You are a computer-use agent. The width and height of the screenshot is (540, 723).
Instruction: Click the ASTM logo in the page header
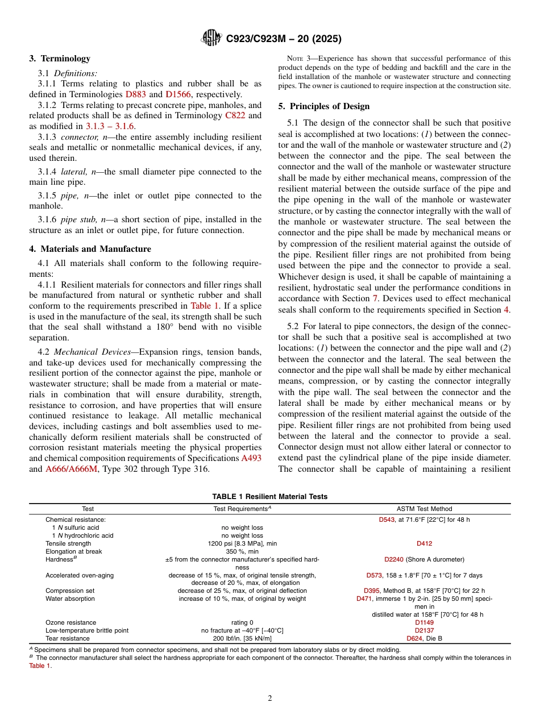pos(211,39)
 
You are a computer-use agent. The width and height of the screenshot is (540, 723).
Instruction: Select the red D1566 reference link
pos(178,94)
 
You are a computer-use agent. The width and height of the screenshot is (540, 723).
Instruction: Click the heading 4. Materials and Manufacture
pos(90,249)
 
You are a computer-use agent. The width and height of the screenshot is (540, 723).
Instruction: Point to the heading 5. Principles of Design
pos(323,106)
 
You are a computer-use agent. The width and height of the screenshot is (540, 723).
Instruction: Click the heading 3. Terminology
pos(60,59)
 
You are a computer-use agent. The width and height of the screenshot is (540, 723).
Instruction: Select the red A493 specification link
pos(251,458)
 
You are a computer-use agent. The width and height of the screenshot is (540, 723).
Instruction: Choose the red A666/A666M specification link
pos(71,469)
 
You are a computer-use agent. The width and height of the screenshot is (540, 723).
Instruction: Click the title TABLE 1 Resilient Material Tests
pos(269,496)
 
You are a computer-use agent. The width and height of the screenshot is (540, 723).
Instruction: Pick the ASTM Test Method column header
pos(424,509)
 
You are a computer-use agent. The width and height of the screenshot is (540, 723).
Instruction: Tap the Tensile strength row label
pos(68,543)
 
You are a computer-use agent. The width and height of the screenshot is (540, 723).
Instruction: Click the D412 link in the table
pos(424,543)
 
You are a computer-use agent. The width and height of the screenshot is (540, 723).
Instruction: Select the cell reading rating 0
pos(242,622)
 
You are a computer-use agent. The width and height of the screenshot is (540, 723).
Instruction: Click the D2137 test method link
pos(424,630)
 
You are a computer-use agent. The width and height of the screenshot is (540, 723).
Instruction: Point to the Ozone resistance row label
pos(70,622)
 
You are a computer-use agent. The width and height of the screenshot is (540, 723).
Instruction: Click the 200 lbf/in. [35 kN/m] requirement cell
pos(242,638)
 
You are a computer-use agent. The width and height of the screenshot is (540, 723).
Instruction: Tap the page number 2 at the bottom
pos(270,699)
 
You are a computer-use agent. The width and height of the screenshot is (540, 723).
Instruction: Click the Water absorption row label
pos(70,599)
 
